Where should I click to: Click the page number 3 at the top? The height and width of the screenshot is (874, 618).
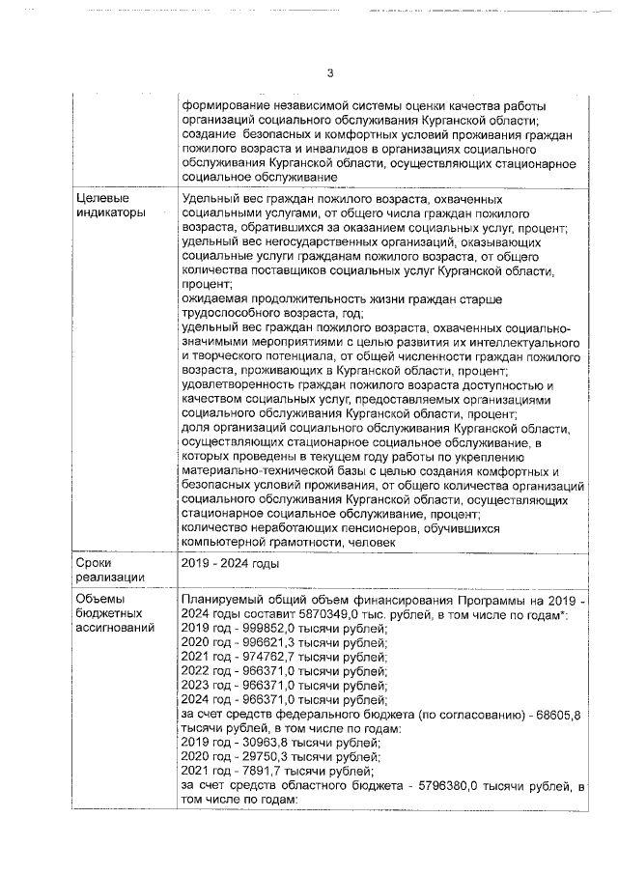(329, 73)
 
